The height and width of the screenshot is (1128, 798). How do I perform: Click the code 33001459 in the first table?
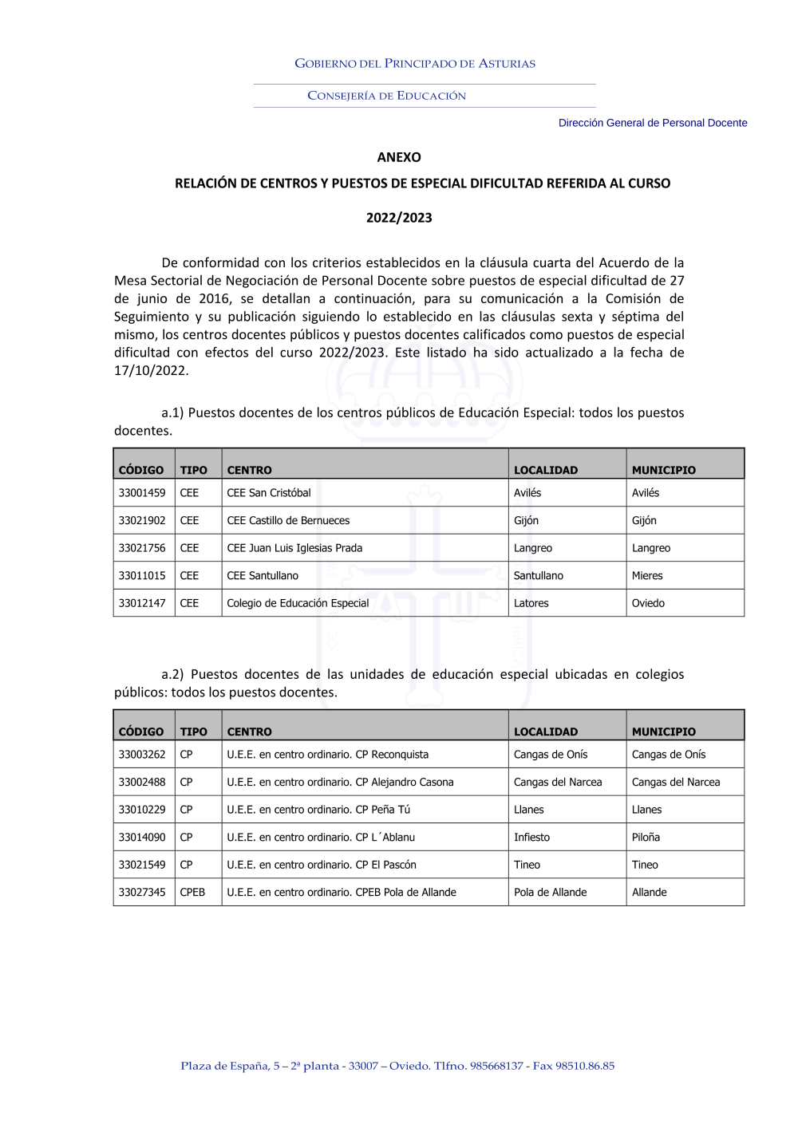click(x=142, y=493)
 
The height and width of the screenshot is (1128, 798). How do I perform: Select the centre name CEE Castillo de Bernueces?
click(x=288, y=521)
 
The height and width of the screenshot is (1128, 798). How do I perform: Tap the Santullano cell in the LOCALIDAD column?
click(x=539, y=576)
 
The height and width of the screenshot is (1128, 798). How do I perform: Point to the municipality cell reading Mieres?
click(x=647, y=576)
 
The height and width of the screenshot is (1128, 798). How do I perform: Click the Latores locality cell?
click(x=531, y=603)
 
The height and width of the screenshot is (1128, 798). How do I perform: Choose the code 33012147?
click(x=142, y=603)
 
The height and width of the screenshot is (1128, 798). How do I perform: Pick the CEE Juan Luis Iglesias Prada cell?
click(x=294, y=548)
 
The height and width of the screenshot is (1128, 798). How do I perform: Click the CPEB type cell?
click(x=192, y=893)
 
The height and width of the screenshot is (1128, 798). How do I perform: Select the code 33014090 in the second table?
click(x=142, y=838)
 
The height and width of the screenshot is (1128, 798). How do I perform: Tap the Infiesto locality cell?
click(x=532, y=838)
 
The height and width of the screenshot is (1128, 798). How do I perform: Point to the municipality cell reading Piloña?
click(x=646, y=838)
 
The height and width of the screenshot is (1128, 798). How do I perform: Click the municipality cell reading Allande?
click(x=650, y=893)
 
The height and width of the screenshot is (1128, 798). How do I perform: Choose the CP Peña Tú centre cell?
click(x=318, y=810)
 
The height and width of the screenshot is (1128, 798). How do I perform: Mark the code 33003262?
click(x=142, y=755)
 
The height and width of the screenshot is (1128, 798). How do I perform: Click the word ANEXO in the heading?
click(x=399, y=157)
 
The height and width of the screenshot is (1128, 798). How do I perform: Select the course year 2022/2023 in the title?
click(x=399, y=218)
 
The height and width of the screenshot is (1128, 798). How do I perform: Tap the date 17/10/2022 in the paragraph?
click(x=151, y=371)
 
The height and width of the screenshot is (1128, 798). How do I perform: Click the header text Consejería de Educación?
click(x=387, y=96)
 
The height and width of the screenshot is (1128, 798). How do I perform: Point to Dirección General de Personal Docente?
click(x=653, y=123)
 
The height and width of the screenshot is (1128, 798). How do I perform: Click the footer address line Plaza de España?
click(x=397, y=1066)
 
